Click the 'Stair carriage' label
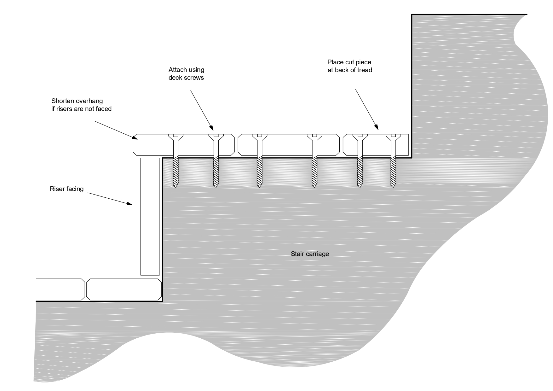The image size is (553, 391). pyautogui.click(x=310, y=254)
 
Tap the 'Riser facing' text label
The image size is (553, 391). pyautogui.click(x=66, y=189)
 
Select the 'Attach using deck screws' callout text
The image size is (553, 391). pyautogui.click(x=186, y=73)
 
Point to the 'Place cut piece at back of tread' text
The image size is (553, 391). pyautogui.click(x=349, y=66)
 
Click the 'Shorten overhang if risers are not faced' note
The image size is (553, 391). pyautogui.click(x=81, y=105)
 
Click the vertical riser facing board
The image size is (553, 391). pyautogui.click(x=150, y=216)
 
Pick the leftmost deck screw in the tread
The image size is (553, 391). pyautogui.click(x=176, y=161)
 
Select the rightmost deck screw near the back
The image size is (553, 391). pyautogui.click(x=393, y=161)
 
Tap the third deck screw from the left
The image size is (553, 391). pyautogui.click(x=259, y=161)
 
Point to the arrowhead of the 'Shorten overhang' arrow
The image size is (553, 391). pyautogui.click(x=135, y=137)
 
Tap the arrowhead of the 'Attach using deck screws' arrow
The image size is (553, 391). pyautogui.click(x=212, y=129)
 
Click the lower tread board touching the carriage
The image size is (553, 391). pyautogui.click(x=124, y=289)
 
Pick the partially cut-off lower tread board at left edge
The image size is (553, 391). pyautogui.click(x=60, y=289)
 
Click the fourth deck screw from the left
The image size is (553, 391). pyautogui.click(x=314, y=161)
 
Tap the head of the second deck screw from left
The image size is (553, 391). pyautogui.click(x=216, y=136)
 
